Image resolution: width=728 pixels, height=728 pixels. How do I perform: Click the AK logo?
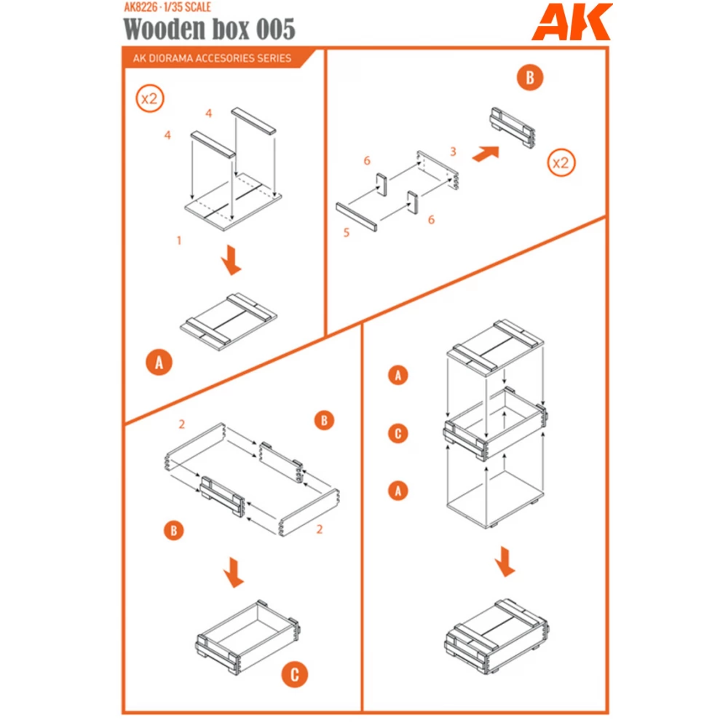pos(571,23)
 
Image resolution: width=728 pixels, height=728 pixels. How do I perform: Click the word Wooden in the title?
pos(157,29)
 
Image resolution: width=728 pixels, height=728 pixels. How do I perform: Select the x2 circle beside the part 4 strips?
pos(149,99)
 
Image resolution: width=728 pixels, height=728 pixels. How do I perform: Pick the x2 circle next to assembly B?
pos(561,162)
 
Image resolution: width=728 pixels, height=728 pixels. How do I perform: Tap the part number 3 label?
pos(452,151)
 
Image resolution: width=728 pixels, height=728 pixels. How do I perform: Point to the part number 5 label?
pos(347,233)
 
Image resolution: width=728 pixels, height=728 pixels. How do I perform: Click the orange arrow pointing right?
pos(486,154)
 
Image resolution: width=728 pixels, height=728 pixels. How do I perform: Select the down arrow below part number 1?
pos(231,260)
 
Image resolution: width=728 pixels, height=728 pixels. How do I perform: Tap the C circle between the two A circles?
pos(397,434)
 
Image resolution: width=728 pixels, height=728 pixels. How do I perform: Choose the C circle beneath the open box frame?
pos(294,674)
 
